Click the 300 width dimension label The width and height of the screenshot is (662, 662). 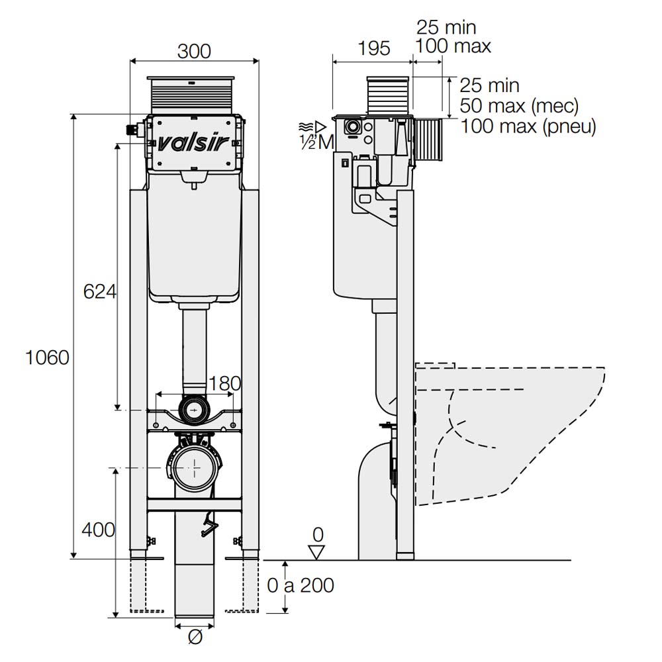[x=194, y=52]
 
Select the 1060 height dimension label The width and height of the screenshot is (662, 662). [x=47, y=357]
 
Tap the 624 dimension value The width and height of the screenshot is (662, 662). [x=100, y=291]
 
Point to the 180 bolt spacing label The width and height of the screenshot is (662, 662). [x=224, y=384]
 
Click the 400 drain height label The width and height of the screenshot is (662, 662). [x=98, y=530]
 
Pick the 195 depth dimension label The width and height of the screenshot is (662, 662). [x=374, y=48]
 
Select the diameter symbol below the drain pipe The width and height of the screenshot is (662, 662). [x=195, y=638]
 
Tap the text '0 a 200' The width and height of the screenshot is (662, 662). [x=301, y=586]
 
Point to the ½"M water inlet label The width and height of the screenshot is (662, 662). [x=316, y=143]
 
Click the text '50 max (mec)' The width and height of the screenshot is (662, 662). [x=519, y=105]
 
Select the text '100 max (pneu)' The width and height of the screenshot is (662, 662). [x=528, y=126]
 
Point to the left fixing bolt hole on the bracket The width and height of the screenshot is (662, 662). [x=156, y=424]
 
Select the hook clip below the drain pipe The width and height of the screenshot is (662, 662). [x=209, y=526]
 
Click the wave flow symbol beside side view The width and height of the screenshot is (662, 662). [x=305, y=126]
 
